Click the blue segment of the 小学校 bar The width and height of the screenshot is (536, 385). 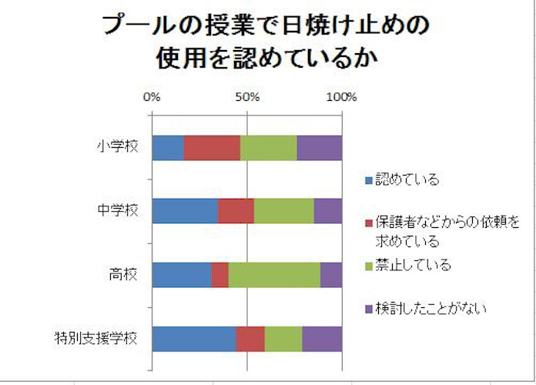coord(167,147)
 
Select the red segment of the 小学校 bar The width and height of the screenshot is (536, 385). coord(212,147)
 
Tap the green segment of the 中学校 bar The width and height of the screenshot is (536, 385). coord(284,211)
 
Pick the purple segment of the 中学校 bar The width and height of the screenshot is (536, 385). coord(328,211)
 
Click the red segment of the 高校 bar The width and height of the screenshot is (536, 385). coord(220,275)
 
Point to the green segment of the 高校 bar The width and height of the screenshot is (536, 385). coord(274,275)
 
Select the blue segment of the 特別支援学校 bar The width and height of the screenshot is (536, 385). coord(193,339)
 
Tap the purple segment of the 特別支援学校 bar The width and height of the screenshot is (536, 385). coord(322,339)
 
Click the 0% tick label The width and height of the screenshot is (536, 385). coord(152,98)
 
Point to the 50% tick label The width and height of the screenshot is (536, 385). coord(246,98)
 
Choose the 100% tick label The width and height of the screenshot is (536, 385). coord(341,98)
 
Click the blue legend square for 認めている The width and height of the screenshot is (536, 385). coord(369,180)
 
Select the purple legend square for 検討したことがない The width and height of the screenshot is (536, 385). coord(369,310)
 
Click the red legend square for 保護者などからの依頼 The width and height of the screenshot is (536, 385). coord(369,223)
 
